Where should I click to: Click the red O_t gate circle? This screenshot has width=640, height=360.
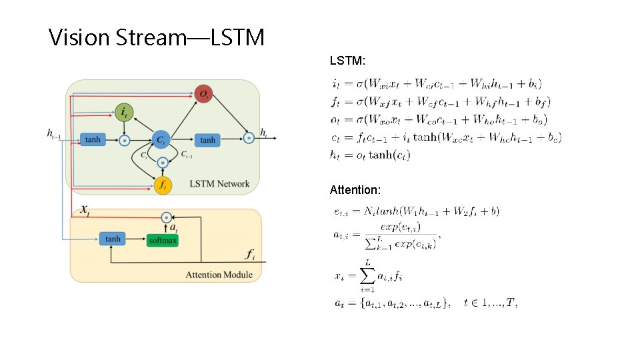(203, 94)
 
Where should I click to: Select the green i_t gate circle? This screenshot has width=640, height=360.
(123, 113)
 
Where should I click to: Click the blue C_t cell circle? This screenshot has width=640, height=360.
(161, 139)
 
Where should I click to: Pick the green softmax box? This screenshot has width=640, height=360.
(163, 239)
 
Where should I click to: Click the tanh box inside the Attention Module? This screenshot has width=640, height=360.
(113, 239)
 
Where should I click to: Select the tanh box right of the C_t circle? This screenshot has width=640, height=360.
(208, 139)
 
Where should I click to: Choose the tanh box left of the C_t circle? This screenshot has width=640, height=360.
(93, 139)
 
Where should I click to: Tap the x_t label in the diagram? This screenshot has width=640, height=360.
(85, 210)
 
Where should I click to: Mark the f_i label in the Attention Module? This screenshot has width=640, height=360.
(250, 254)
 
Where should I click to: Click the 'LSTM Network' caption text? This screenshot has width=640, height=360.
(219, 183)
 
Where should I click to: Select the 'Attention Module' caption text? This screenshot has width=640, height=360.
(219, 274)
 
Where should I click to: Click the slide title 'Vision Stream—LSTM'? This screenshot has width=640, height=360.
(157, 37)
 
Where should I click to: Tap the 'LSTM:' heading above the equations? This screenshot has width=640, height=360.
(347, 61)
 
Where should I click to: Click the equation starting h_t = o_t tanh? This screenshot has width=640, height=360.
(371, 155)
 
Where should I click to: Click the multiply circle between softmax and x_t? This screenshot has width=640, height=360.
(167, 217)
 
